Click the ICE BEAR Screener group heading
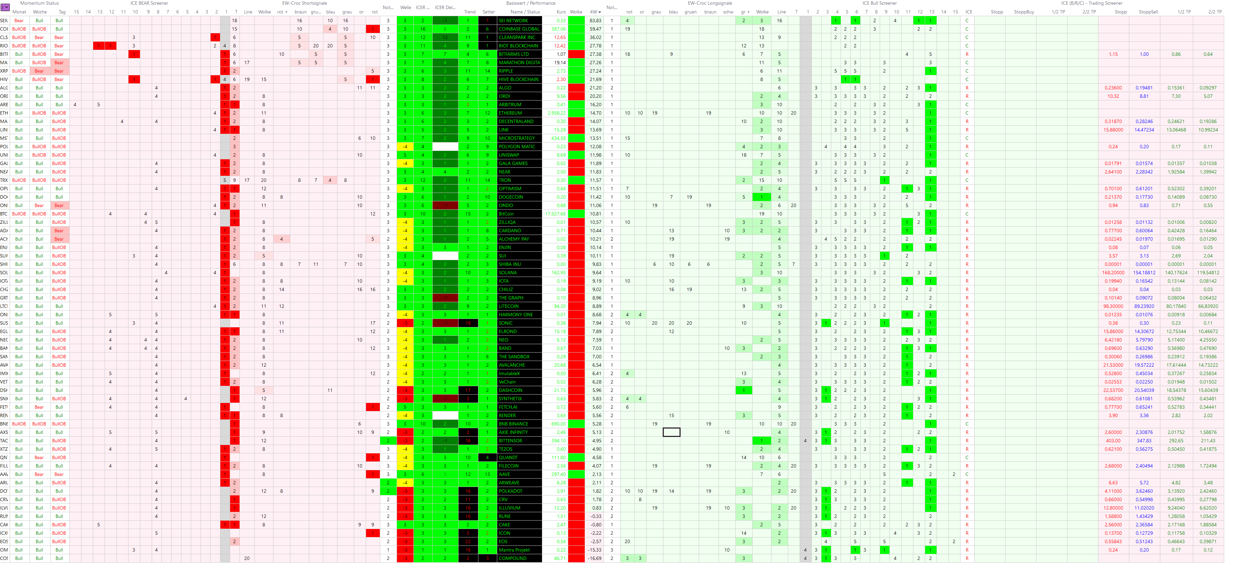coord(149,3)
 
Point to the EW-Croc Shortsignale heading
coord(304,3)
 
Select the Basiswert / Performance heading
coord(531,3)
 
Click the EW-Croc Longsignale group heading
coord(709,3)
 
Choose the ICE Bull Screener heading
coord(879,3)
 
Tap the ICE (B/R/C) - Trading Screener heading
coord(1092,3)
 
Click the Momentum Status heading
coord(39,3)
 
